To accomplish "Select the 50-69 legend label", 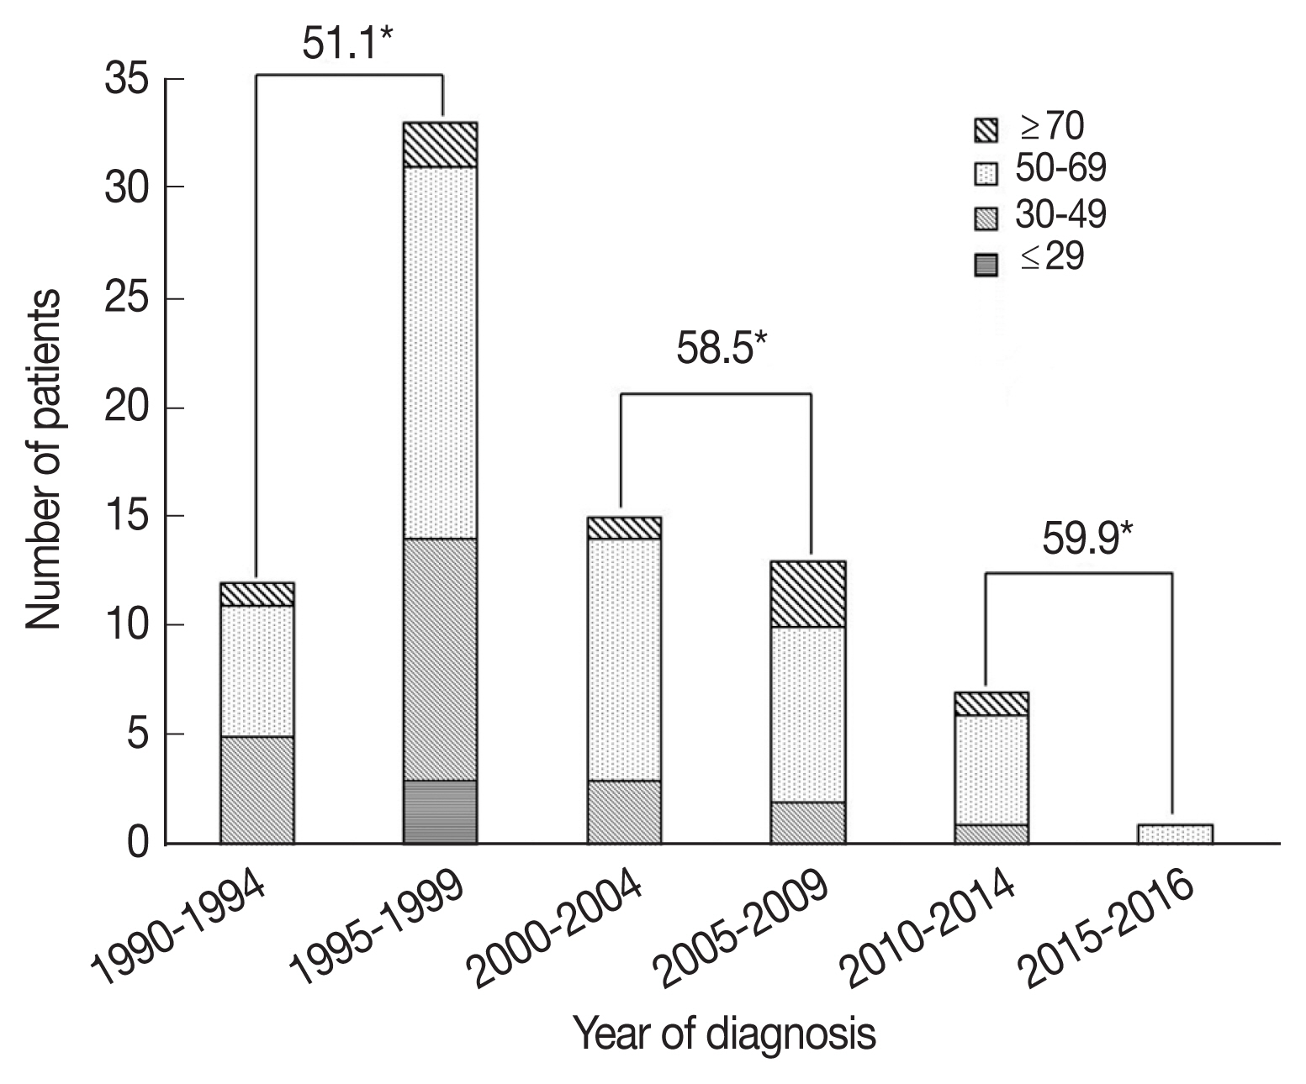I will coord(1060,171).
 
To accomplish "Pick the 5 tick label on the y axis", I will coord(140,735).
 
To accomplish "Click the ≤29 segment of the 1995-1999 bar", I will coord(441,812).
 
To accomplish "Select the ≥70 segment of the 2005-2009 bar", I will coord(807,594).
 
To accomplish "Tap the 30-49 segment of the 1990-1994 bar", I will coord(256,790).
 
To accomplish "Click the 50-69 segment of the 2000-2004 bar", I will coord(624,660).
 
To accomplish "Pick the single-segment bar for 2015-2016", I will coord(1175,834).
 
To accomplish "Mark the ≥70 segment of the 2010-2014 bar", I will coord(991,703).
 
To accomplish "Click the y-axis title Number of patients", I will coord(43,460).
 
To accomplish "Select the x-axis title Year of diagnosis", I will coord(724,1033).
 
